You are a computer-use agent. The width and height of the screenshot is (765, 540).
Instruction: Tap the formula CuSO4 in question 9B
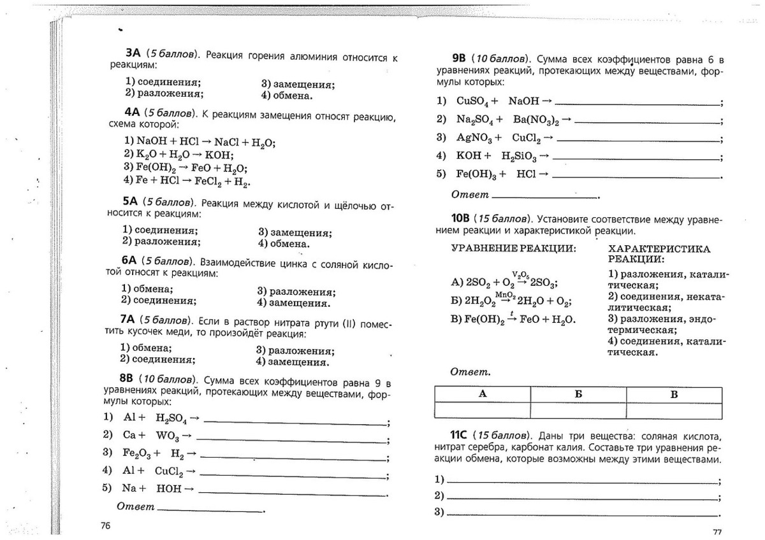[472, 101]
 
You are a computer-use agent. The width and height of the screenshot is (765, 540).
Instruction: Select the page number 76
[105, 525]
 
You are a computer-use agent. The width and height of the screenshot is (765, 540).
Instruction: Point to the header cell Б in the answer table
[578, 394]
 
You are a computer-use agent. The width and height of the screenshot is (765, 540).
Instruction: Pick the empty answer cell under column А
[482, 411]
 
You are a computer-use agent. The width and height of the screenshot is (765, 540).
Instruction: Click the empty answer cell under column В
[674, 411]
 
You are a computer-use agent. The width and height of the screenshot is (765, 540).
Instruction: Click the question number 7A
[129, 318]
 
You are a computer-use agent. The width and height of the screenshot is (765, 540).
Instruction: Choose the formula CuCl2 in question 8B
[169, 471]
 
